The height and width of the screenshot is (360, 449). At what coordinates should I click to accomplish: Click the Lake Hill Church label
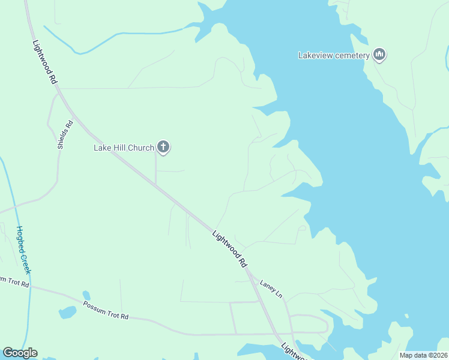click(124, 148)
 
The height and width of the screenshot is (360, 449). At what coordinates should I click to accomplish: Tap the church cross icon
click(163, 147)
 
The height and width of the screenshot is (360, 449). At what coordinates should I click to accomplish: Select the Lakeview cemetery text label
click(333, 56)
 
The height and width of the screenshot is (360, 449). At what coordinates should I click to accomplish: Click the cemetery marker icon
click(379, 55)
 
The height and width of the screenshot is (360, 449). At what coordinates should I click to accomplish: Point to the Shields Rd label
click(65, 135)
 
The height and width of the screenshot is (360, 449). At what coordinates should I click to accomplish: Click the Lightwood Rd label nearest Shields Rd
click(45, 62)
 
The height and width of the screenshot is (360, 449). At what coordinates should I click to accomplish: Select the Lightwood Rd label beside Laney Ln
click(230, 248)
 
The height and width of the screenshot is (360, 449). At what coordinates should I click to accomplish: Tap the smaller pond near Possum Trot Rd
click(86, 295)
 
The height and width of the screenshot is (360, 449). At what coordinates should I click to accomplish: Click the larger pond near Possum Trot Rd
click(67, 313)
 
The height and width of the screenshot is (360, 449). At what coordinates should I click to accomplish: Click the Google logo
click(20, 353)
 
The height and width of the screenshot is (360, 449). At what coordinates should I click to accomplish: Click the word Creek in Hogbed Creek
click(27, 263)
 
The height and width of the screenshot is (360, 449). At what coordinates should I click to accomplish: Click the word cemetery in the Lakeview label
click(351, 56)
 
